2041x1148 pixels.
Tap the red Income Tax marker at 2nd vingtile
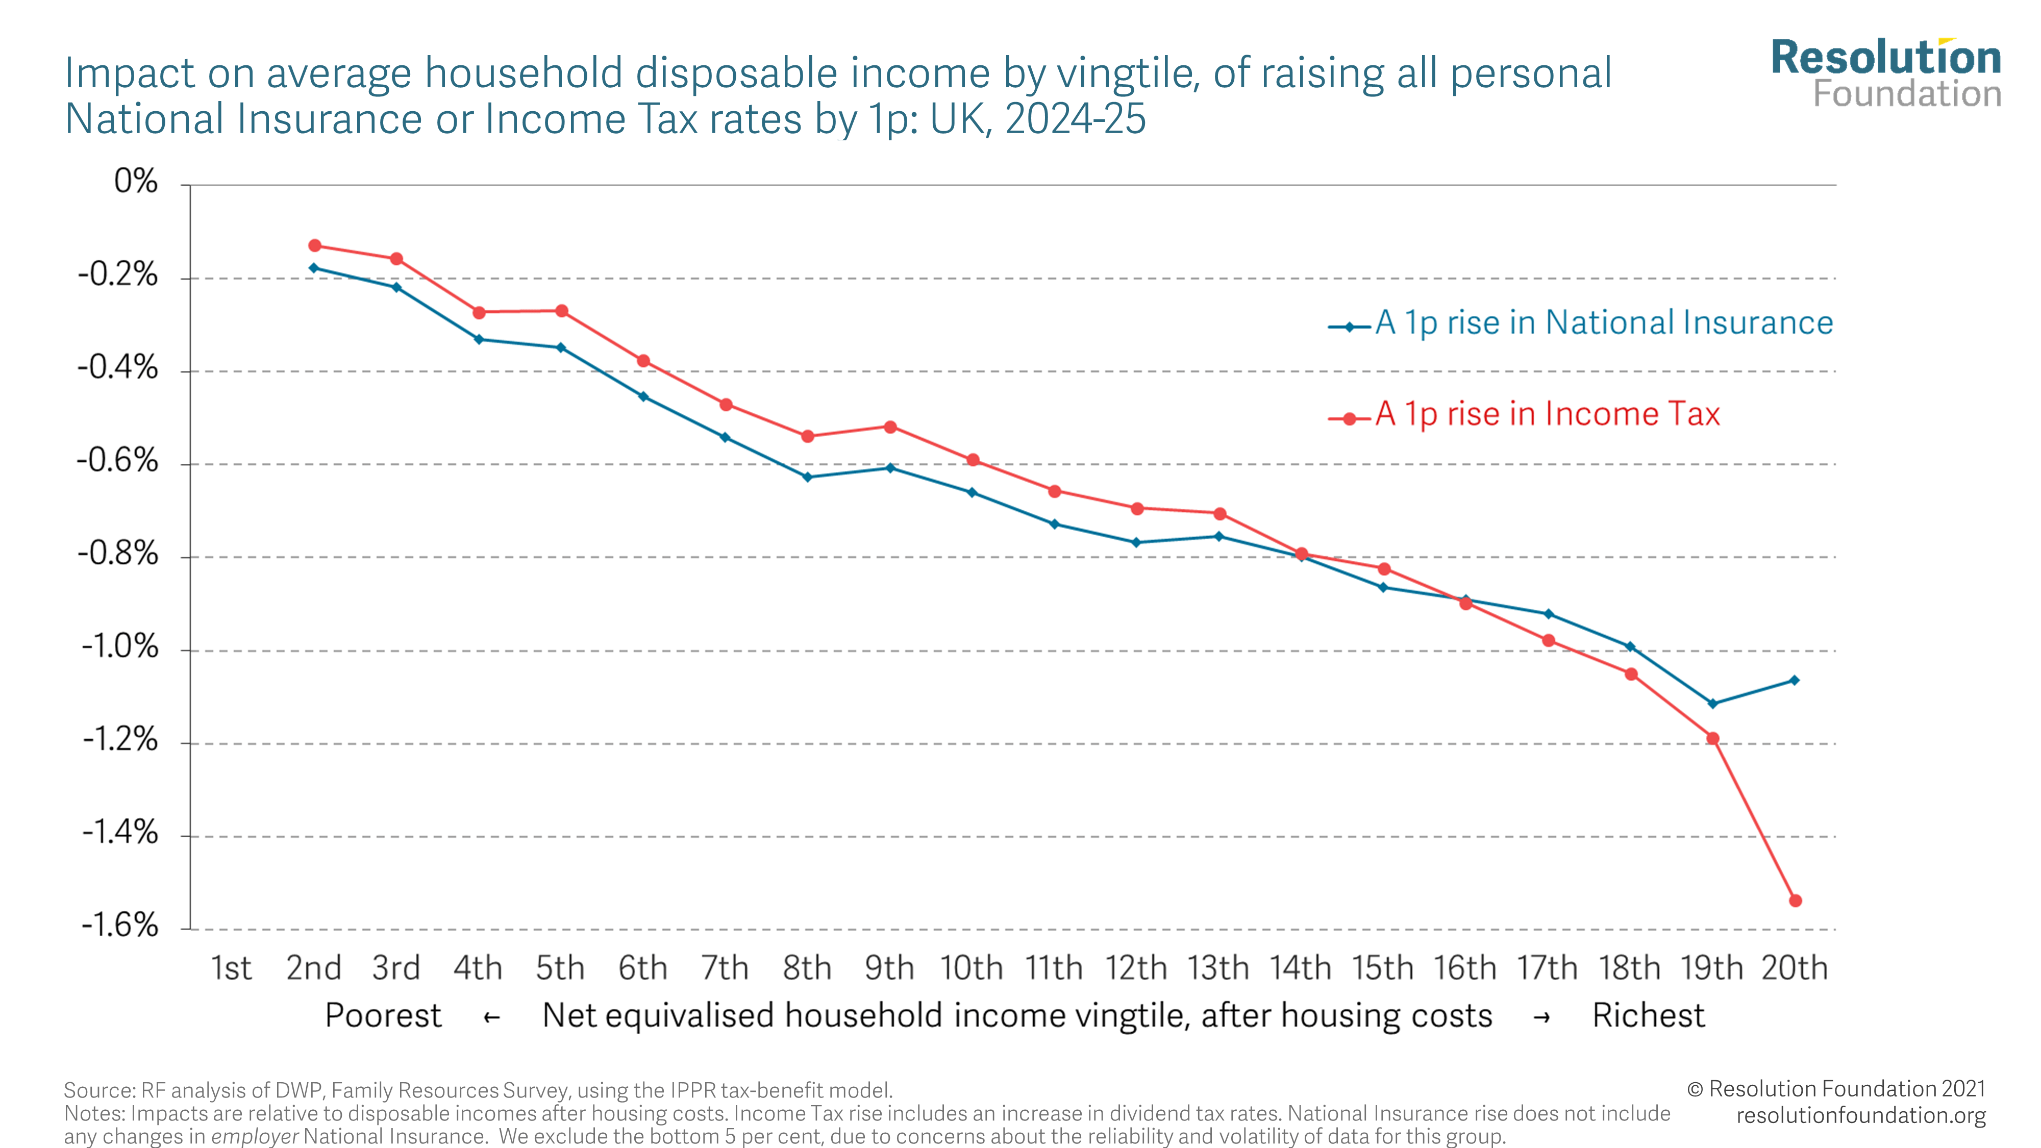[314, 245]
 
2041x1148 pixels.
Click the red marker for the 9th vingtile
[890, 427]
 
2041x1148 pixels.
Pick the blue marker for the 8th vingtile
[807, 477]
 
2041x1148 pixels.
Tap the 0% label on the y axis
[136, 182]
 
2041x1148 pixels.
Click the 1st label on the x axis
[231, 968]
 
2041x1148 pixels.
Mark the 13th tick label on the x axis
[1218, 968]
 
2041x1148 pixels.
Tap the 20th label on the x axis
[1795, 968]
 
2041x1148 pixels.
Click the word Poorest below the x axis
[383, 1016]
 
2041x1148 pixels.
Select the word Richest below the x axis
[1648, 1016]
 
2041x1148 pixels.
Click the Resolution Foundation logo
[1886, 73]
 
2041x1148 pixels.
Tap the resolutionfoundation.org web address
[1860, 1115]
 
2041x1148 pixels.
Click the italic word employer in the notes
[254, 1137]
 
